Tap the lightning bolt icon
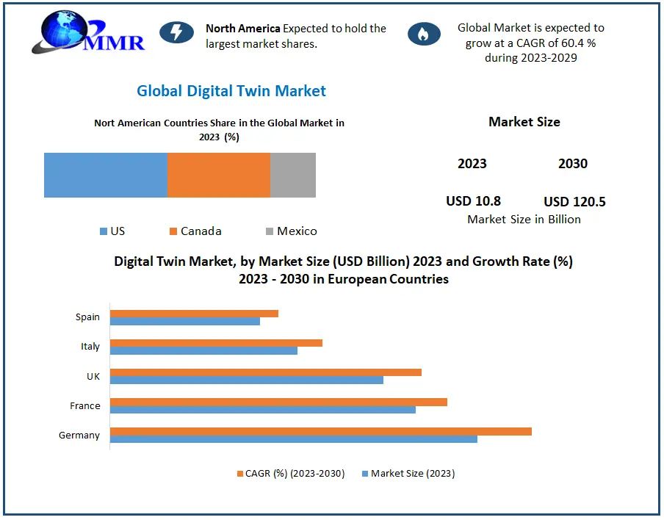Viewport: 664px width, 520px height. [x=176, y=32]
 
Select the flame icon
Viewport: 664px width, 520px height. [x=424, y=34]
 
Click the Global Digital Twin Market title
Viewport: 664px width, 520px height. [x=231, y=91]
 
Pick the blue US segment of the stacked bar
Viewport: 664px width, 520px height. [x=106, y=175]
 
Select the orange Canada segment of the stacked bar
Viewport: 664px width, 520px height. [x=219, y=175]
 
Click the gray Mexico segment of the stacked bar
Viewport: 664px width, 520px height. [x=293, y=175]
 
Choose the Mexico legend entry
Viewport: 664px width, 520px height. [x=292, y=231]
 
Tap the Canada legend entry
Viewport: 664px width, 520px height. [x=195, y=231]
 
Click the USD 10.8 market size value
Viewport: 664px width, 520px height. [x=474, y=201]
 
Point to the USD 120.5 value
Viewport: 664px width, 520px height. [x=574, y=201]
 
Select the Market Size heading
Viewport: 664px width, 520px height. [x=524, y=122]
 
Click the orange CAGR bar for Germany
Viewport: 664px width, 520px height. [x=320, y=431]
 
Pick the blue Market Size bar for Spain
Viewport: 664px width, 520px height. [x=185, y=321]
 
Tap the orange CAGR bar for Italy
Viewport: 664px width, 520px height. [x=217, y=343]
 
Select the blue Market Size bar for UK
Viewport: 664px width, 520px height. [x=247, y=380]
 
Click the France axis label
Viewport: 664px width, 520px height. [x=85, y=405]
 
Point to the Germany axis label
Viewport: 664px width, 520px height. [x=79, y=435]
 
